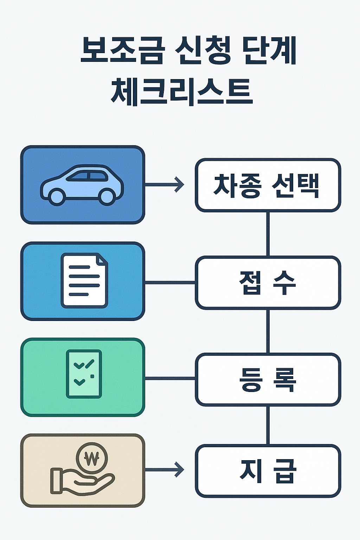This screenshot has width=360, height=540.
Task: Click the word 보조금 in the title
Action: (122, 51)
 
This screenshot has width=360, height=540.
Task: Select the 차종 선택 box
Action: (268, 185)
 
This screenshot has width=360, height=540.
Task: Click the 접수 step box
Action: (268, 283)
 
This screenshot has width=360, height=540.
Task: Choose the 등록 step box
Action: (268, 379)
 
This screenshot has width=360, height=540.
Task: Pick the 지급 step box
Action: (268, 471)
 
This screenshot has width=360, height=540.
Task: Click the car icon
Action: (82, 185)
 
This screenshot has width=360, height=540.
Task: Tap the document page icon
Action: (84, 281)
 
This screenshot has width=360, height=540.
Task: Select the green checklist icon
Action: (84, 374)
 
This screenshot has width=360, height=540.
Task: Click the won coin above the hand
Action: (92, 458)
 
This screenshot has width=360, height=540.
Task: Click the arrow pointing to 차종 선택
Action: (165, 185)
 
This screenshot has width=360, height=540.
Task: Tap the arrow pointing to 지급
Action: (165, 469)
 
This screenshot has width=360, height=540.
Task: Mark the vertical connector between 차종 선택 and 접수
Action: (268, 234)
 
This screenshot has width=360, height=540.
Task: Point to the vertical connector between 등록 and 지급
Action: (268, 425)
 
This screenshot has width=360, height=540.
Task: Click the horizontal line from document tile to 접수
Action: (170, 282)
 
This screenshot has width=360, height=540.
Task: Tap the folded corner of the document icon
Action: (102, 259)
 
